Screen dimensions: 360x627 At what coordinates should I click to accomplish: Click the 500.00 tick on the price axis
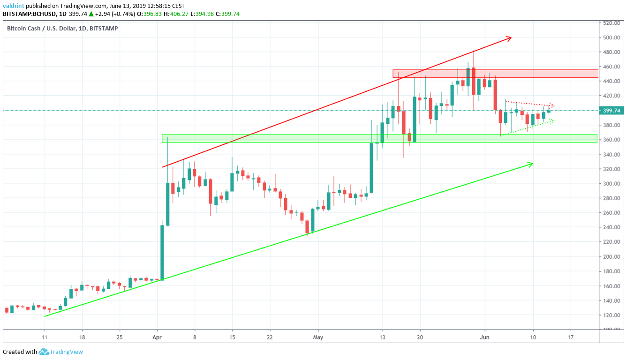point(611,37)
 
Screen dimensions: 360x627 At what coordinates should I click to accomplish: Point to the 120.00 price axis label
point(611,315)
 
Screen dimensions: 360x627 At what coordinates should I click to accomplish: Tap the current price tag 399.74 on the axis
point(611,111)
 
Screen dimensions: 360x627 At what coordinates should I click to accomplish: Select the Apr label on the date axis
point(158,337)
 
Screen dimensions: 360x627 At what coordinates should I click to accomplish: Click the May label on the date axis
point(318,337)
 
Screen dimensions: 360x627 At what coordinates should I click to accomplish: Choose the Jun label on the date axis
point(485,337)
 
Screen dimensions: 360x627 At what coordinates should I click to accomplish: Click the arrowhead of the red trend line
point(508,38)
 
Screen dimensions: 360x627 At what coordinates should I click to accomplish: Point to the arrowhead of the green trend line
point(530,164)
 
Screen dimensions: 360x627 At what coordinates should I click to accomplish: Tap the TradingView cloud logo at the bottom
point(44,352)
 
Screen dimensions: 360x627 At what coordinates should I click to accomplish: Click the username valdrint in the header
point(14,6)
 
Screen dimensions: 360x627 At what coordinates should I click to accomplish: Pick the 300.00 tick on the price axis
point(611,184)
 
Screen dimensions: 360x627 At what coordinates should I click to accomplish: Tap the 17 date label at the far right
point(570,337)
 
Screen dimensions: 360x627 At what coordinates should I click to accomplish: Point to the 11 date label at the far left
point(45,337)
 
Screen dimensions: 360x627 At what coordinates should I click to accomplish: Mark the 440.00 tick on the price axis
point(611,81)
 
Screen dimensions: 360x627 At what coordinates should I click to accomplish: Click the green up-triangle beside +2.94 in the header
point(91,14)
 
